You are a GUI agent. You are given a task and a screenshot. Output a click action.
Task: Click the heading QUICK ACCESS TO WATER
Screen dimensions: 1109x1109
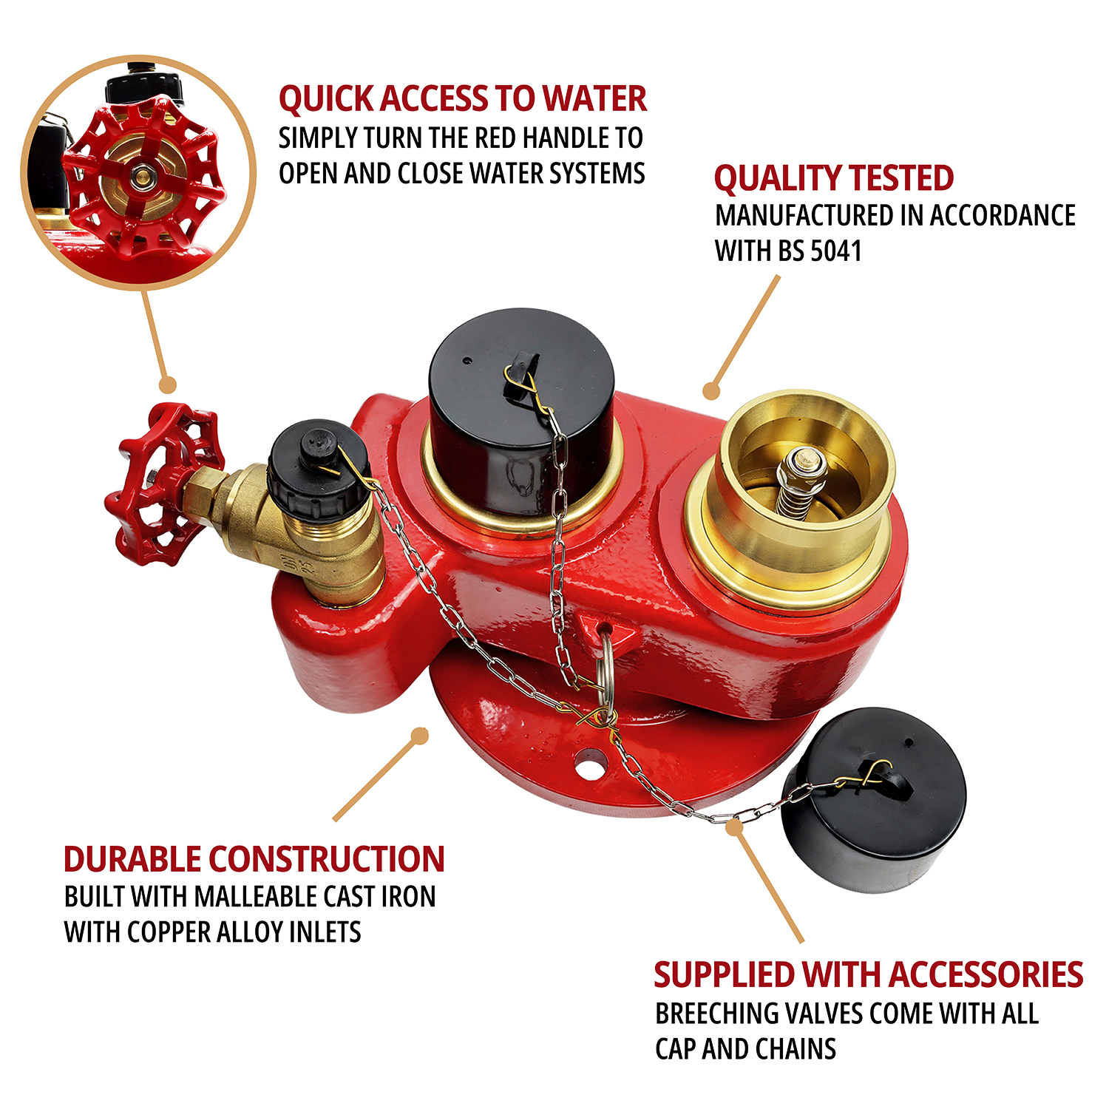[x=463, y=99]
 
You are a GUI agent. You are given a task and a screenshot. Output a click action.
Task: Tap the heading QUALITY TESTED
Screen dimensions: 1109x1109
[x=834, y=178]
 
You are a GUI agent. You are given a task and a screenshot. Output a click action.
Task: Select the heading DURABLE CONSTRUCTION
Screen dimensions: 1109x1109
[x=254, y=859]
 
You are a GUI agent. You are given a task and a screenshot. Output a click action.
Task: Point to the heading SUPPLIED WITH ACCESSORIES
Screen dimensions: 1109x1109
[x=869, y=974]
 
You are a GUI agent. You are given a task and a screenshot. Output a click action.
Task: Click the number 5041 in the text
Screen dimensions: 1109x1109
[x=836, y=251]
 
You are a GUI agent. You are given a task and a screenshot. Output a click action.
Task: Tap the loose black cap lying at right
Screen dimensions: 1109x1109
[x=874, y=800]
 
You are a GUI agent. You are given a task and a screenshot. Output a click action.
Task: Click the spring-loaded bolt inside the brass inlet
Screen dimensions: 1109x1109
[x=800, y=481]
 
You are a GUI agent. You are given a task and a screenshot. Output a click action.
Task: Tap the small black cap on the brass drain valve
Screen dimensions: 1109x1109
[x=319, y=468]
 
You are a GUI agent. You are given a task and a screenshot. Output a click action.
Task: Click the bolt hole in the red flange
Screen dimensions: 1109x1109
[x=590, y=765]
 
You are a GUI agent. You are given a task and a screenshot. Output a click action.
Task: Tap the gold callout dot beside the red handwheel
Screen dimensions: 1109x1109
[x=169, y=384]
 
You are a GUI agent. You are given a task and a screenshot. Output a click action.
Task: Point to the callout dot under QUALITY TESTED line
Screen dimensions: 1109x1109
[x=711, y=390]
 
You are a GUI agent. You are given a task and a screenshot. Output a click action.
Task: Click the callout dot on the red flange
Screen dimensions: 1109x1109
[x=420, y=736]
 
